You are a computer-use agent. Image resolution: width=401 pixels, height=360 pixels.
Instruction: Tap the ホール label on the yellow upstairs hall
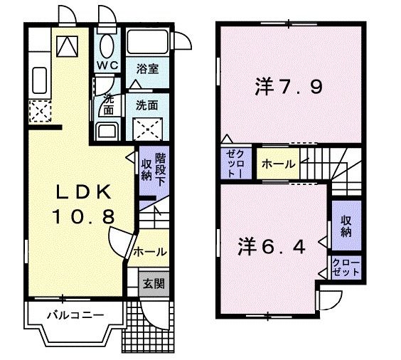278,164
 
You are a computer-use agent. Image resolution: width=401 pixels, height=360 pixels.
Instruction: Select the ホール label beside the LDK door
151,252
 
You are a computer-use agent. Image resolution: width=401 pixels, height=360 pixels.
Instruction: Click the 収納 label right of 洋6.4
346,226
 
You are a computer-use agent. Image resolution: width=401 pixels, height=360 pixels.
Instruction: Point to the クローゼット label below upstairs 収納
346,269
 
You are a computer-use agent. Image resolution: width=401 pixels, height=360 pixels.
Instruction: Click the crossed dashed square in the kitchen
37,111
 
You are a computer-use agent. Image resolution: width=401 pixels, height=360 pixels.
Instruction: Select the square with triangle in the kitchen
66,47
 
